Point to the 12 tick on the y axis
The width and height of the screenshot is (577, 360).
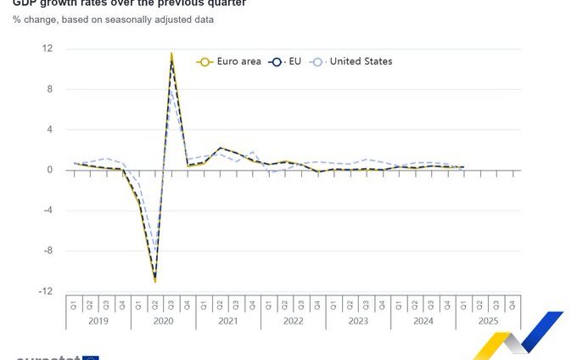[x=48, y=48]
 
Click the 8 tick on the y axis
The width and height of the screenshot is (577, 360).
[x=50, y=89]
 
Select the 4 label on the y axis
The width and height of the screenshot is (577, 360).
[x=50, y=129]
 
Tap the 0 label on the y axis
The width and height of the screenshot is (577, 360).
[x=50, y=170]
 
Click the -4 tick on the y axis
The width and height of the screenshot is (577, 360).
[x=48, y=211]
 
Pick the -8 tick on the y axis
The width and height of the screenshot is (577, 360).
[x=48, y=250]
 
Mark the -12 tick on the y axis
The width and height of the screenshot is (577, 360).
[x=46, y=291]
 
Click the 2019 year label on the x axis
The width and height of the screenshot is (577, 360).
[x=98, y=321]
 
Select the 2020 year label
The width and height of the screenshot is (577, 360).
[x=163, y=321]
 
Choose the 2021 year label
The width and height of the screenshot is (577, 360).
[x=228, y=321]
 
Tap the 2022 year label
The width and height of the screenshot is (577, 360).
[x=293, y=321]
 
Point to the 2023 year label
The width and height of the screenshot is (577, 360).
[x=358, y=321]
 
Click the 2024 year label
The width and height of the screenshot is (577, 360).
[x=423, y=321]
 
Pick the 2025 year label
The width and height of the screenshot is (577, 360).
[x=488, y=321]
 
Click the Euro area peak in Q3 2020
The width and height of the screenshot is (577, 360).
[x=171, y=53]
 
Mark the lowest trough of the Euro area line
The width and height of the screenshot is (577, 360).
[x=155, y=281]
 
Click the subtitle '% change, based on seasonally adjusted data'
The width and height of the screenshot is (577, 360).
[x=113, y=20]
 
